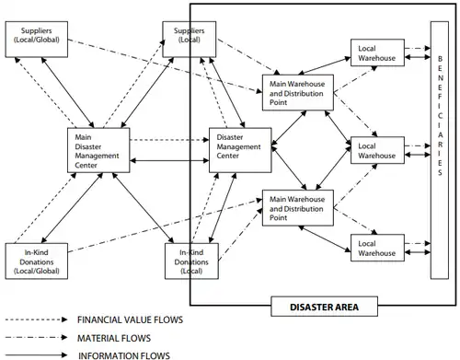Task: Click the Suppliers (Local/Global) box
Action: (37, 40)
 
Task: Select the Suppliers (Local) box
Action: (190, 40)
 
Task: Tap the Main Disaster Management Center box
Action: (98, 150)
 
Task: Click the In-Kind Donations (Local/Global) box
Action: (37, 261)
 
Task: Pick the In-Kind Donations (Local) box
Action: (191, 261)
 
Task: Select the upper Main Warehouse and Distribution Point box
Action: (298, 92)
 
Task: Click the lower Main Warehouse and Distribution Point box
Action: (298, 208)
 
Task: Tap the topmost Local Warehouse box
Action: (377, 52)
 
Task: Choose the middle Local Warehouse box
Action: (377, 150)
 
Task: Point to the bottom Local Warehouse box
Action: (377, 248)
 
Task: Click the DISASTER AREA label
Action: (324, 307)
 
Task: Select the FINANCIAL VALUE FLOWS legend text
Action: (130, 319)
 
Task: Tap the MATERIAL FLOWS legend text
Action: (114, 338)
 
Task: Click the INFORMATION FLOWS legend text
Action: (124, 355)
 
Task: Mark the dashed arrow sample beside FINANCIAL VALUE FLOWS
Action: (36, 319)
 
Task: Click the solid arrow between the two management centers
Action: (169, 160)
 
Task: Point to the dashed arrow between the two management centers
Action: (169, 140)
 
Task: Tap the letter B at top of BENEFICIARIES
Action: (440, 59)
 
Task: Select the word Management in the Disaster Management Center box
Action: (238, 146)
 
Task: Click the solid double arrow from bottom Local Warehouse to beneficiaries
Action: (418, 252)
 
